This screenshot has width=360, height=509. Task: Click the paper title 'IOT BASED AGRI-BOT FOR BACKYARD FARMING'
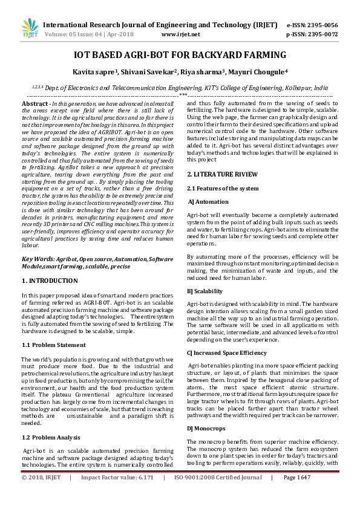(180, 56)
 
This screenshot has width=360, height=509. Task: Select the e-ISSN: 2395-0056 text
(312, 25)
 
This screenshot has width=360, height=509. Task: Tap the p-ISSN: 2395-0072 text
(312, 35)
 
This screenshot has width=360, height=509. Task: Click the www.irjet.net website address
(177, 35)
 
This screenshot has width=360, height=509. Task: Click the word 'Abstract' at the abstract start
(35, 105)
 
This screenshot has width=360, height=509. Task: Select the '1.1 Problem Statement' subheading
(54, 345)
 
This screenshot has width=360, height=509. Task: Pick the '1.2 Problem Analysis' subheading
(52, 436)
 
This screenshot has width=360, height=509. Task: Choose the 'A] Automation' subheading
(209, 201)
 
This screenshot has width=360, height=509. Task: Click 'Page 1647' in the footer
(296, 494)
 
